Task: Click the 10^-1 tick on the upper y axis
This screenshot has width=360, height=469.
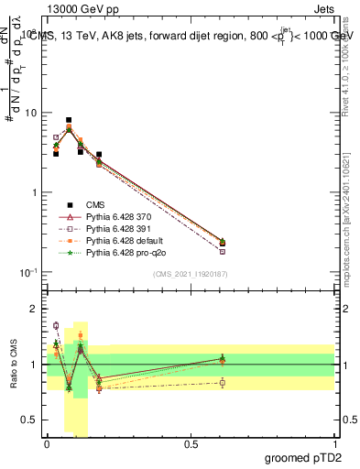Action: click(x=27, y=272)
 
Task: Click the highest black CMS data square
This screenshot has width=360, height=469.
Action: click(x=69, y=120)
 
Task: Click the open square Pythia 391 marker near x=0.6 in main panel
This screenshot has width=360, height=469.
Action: click(x=223, y=251)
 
